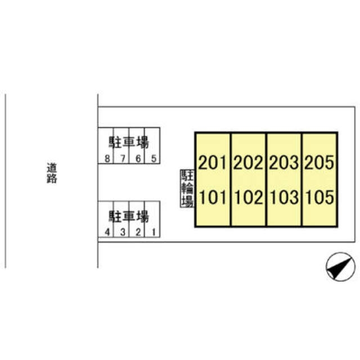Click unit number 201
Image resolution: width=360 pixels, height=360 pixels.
coord(213,163)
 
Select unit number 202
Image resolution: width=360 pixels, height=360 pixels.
coord(248,163)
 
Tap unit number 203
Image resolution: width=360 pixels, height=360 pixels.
coord(284,163)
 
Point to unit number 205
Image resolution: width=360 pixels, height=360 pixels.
coord(319,163)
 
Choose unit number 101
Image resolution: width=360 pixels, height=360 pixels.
coord(213,197)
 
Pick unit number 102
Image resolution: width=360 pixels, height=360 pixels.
coord(249,197)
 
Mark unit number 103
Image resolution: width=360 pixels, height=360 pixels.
coord(285,197)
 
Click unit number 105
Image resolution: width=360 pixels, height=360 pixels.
coord(320,197)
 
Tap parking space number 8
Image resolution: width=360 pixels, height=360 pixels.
coord(107,159)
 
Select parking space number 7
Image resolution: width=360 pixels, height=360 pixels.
coord(123,159)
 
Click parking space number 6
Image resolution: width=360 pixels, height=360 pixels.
coord(138,159)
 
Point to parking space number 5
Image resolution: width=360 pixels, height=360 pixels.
coord(154,159)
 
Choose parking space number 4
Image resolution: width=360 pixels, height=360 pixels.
coord(107,232)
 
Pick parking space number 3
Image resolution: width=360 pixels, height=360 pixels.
coord(123,232)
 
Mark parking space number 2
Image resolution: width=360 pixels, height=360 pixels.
coord(138,232)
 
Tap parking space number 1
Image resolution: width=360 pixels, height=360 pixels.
coord(154,232)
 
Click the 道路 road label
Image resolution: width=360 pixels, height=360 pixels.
coord(52,173)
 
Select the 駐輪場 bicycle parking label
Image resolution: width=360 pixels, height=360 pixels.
coord(187,188)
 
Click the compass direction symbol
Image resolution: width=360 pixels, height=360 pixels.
coord(340,267)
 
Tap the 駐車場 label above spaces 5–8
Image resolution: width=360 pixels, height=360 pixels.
coord(129,142)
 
